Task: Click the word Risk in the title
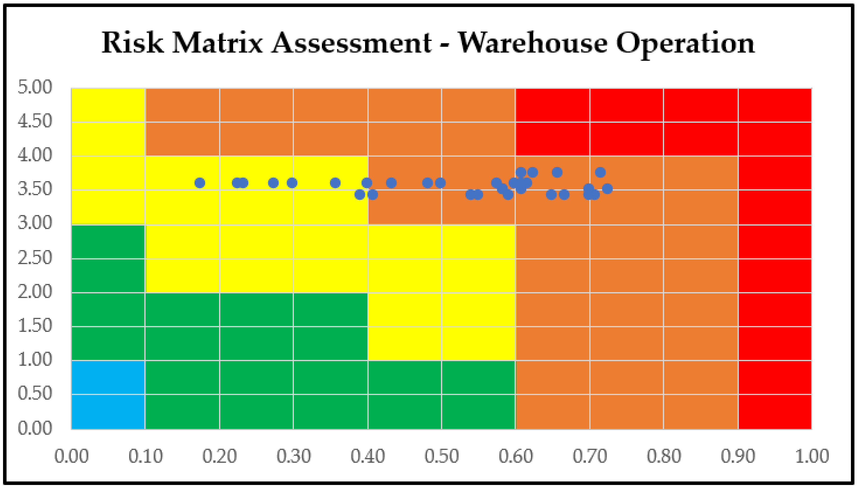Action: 133,43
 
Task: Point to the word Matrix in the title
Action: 217,43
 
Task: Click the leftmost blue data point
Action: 200,183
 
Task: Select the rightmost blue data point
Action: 607,189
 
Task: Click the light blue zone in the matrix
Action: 108,395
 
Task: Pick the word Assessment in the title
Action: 351,43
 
